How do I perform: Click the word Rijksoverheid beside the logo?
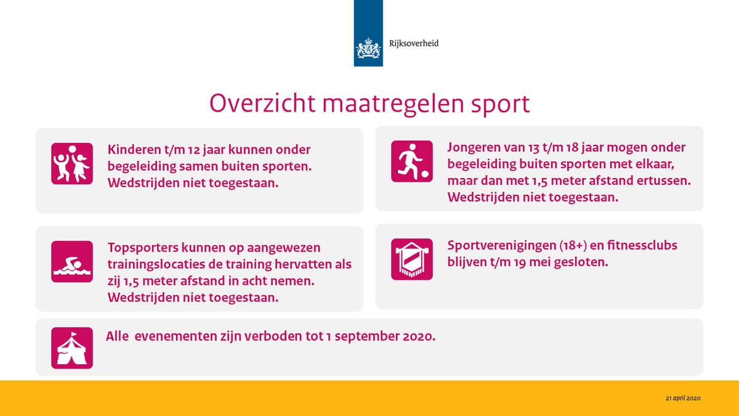pyautogui.click(x=414, y=44)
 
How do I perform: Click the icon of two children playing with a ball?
pyautogui.click(x=71, y=163)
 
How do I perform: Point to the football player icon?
pyautogui.click(x=411, y=161)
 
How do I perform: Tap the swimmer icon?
pyautogui.click(x=71, y=261)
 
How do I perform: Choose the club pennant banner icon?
pyautogui.click(x=411, y=259)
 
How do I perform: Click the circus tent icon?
pyautogui.click(x=71, y=348)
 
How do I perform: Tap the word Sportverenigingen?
pyautogui.click(x=501, y=245)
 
